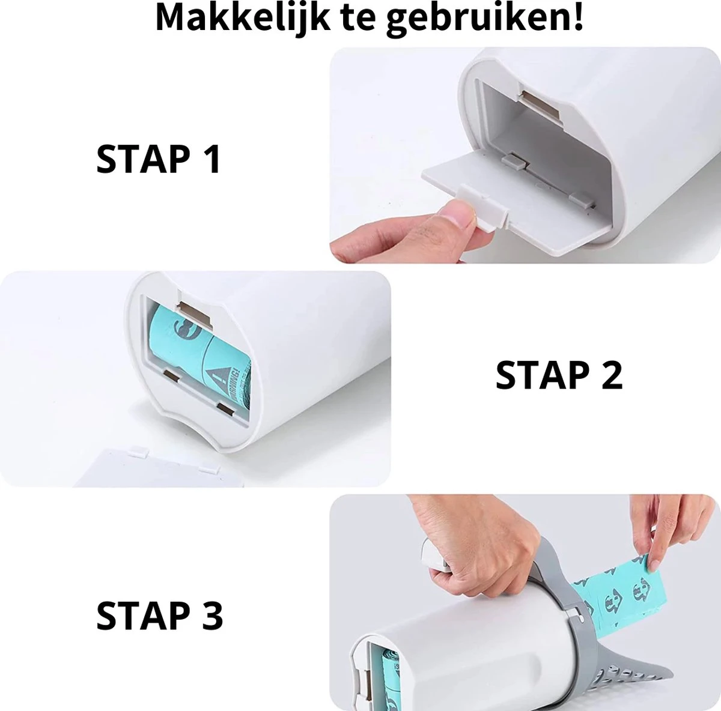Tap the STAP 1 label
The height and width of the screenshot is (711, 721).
coord(159,159)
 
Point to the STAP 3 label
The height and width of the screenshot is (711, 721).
coord(159,616)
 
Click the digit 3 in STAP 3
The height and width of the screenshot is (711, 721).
coord(210,616)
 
